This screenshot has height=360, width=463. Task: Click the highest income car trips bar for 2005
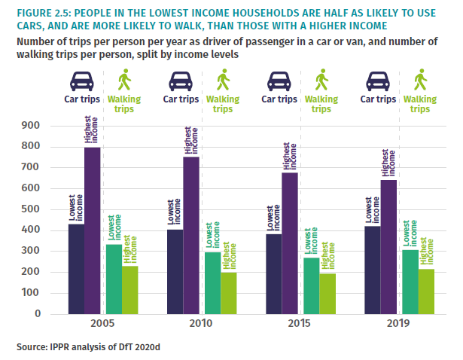tap(92, 230)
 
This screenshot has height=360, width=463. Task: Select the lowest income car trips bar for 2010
tap(174, 271)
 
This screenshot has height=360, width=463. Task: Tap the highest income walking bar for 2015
tap(327, 293)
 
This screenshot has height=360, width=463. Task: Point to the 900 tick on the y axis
tap(40, 126)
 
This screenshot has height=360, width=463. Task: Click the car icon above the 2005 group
tap(82, 79)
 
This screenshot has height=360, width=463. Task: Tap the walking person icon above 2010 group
tap(223, 78)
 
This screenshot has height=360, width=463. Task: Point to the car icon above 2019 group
tap(378, 79)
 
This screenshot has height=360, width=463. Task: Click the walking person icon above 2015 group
tap(322, 78)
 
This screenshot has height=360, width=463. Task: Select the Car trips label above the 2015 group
tap(280, 98)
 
